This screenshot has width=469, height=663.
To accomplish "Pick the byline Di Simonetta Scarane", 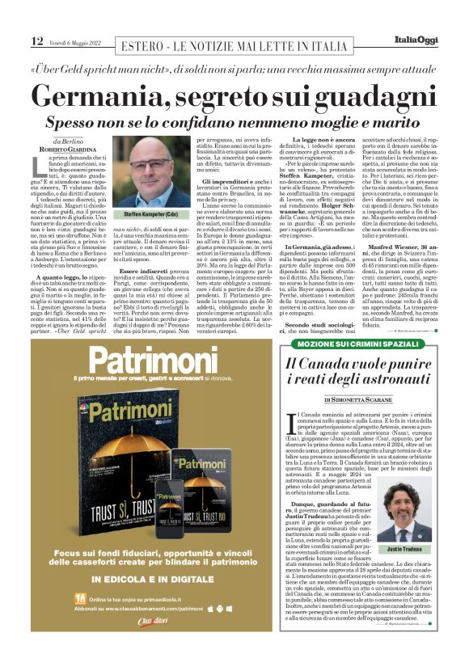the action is point(362,399).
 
